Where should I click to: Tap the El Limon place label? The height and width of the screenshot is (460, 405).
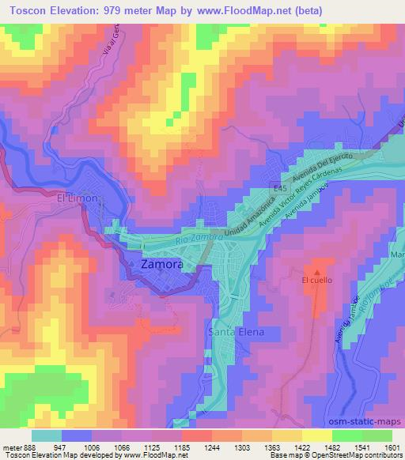(x=77, y=199)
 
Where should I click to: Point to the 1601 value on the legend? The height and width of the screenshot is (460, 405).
(x=393, y=447)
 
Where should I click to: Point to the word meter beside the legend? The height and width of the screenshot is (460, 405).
(x=10, y=447)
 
